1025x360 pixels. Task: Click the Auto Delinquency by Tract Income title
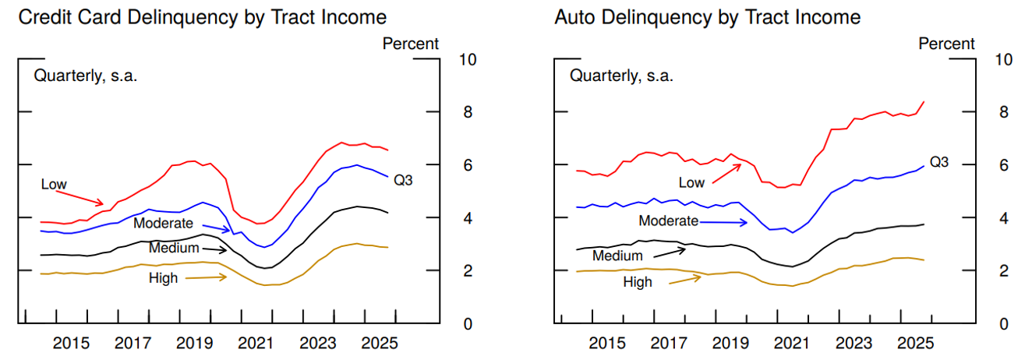[x=707, y=17]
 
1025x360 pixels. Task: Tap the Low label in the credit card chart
[x=54, y=184]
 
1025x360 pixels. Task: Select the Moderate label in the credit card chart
[x=163, y=224]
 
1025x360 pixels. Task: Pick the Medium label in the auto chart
[x=617, y=256]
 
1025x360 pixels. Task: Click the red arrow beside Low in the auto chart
[x=726, y=175]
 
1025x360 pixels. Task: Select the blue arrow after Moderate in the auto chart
[x=724, y=222]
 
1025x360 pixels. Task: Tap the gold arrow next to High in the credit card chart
[x=204, y=277]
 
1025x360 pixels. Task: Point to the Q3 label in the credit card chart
[x=403, y=181]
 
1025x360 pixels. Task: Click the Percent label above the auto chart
[x=946, y=44]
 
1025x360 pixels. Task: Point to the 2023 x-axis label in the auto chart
[x=854, y=343]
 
